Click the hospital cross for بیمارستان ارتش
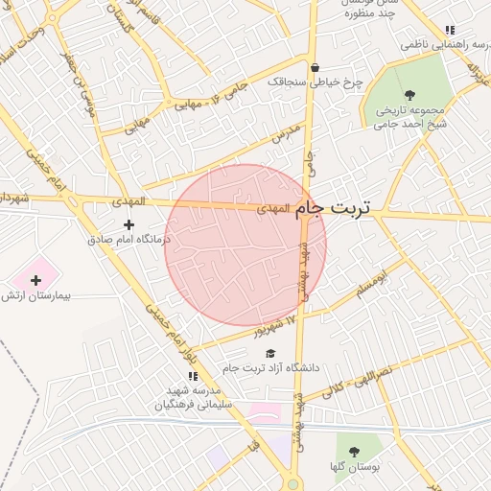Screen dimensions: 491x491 (x=36, y=280)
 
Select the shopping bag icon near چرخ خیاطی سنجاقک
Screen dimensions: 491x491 (x=314, y=67)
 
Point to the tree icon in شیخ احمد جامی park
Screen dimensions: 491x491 (x=410, y=95)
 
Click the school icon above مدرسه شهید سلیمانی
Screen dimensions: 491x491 (x=193, y=376)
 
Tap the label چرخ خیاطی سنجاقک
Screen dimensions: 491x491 (x=316, y=83)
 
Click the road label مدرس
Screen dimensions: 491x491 (x=286, y=133)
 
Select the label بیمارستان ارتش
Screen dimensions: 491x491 (x=37, y=296)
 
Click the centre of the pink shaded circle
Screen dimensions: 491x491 (x=245, y=245)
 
